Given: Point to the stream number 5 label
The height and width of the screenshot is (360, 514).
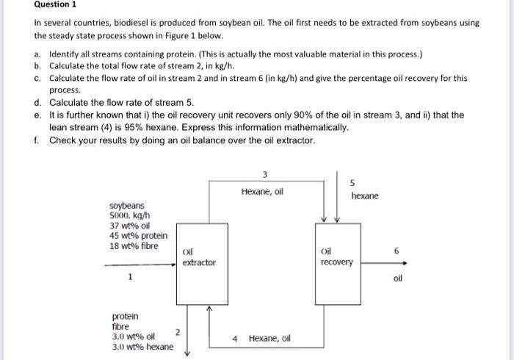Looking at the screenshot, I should (x=352, y=182).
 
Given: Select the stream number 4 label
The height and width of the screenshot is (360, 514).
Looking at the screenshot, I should (x=235, y=339).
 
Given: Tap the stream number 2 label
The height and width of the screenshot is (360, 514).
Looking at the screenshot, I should (x=178, y=331).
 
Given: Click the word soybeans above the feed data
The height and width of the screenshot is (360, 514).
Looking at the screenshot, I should (x=126, y=206).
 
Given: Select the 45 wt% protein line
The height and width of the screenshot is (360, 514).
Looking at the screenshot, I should (x=138, y=235).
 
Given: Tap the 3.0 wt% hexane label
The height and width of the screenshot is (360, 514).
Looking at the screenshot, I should (x=142, y=346).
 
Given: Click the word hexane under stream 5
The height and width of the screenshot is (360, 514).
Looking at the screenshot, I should (x=365, y=196).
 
